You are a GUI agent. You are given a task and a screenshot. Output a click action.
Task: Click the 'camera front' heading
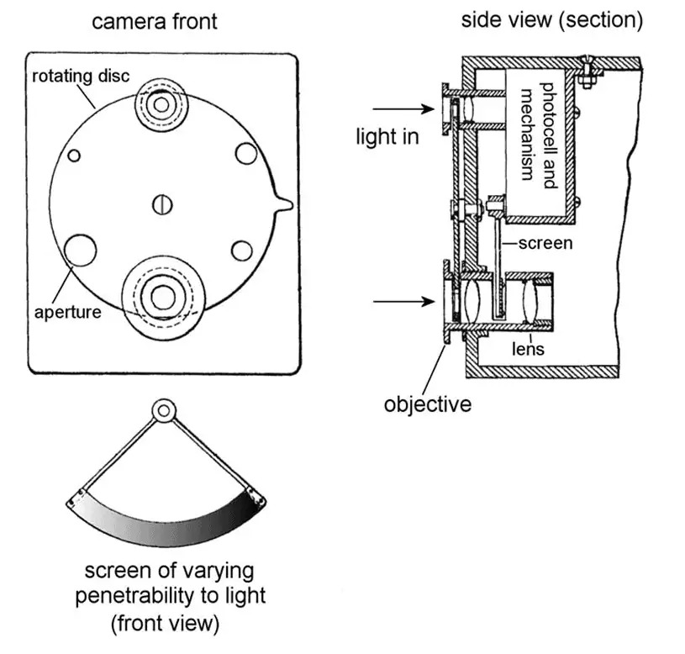154,21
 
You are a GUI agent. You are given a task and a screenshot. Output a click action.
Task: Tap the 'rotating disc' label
81,76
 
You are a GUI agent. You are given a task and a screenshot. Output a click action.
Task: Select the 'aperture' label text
68,312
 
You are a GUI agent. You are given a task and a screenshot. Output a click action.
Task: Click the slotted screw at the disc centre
163,203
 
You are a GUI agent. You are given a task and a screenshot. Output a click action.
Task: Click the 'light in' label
387,135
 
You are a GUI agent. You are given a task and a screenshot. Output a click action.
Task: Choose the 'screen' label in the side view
545,244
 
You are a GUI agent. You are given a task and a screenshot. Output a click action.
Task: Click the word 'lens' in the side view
529,348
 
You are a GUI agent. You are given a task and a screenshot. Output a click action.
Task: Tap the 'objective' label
428,403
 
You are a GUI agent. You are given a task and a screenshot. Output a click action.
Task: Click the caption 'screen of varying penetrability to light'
170,584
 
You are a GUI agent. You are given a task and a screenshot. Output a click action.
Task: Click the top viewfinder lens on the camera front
160,103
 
